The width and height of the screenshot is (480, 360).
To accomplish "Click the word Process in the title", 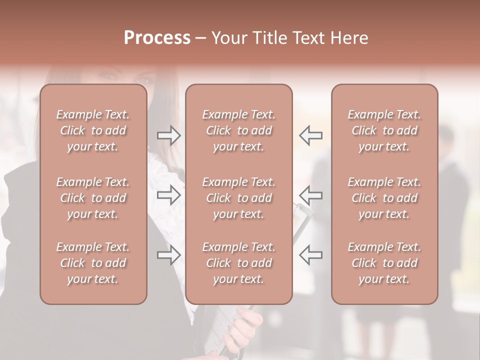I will point(157,38).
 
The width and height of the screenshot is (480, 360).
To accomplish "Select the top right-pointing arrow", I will point(169,135).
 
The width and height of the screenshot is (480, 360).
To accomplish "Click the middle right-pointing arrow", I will point(169,195).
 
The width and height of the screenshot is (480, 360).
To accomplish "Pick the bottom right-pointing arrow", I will point(169,254).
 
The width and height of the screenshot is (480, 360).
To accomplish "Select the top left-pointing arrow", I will point(310,135).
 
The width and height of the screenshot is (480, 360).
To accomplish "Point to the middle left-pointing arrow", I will point(310,195).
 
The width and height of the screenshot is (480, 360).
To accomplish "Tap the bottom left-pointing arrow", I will point(310,254).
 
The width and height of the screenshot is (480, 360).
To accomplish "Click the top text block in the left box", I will point(93,130).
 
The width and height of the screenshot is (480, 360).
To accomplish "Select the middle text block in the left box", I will point(93,198).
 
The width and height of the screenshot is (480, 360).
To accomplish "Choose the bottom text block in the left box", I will point(93,263).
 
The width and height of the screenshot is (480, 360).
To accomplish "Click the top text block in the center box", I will point(239,130).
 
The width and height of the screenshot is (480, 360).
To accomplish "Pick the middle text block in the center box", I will point(239,198).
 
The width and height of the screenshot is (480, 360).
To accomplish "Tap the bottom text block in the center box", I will point(239,263).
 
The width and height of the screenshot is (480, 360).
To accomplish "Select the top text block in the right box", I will point(384,130).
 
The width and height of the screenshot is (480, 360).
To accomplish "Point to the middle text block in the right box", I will point(384,198).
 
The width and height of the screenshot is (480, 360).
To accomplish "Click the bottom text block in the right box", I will point(384,263).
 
